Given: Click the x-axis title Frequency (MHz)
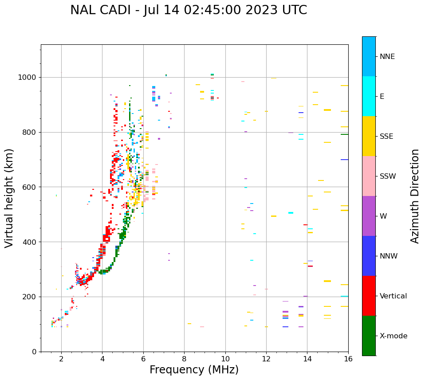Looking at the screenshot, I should pos(194,370).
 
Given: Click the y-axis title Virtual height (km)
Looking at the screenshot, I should pos(9,198).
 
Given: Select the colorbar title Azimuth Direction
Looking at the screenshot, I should pos(415,196).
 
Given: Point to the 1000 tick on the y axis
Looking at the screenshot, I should pos(29,77).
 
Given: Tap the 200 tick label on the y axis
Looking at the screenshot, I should pos(31,297).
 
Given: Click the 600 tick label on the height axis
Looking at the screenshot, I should pos(31,187).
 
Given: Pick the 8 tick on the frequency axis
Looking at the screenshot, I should pos(184,358).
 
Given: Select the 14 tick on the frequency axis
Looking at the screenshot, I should pos(307,358).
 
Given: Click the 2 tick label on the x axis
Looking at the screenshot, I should pos(61,358).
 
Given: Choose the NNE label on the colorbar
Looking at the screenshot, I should pos(387,57).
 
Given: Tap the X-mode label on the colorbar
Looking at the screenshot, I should pos(394,336).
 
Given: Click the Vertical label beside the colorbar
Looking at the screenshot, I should pos(393,296).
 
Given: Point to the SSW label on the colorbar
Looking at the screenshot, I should pos(388,176).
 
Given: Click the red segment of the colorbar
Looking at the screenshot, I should pos(369,296).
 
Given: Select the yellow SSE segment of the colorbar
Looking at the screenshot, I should pos(369,136).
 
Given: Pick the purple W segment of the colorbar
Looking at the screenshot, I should pos(369,216).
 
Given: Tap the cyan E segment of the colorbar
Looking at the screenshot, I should pos(369,96).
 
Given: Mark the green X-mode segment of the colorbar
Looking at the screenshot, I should pos(369,336).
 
